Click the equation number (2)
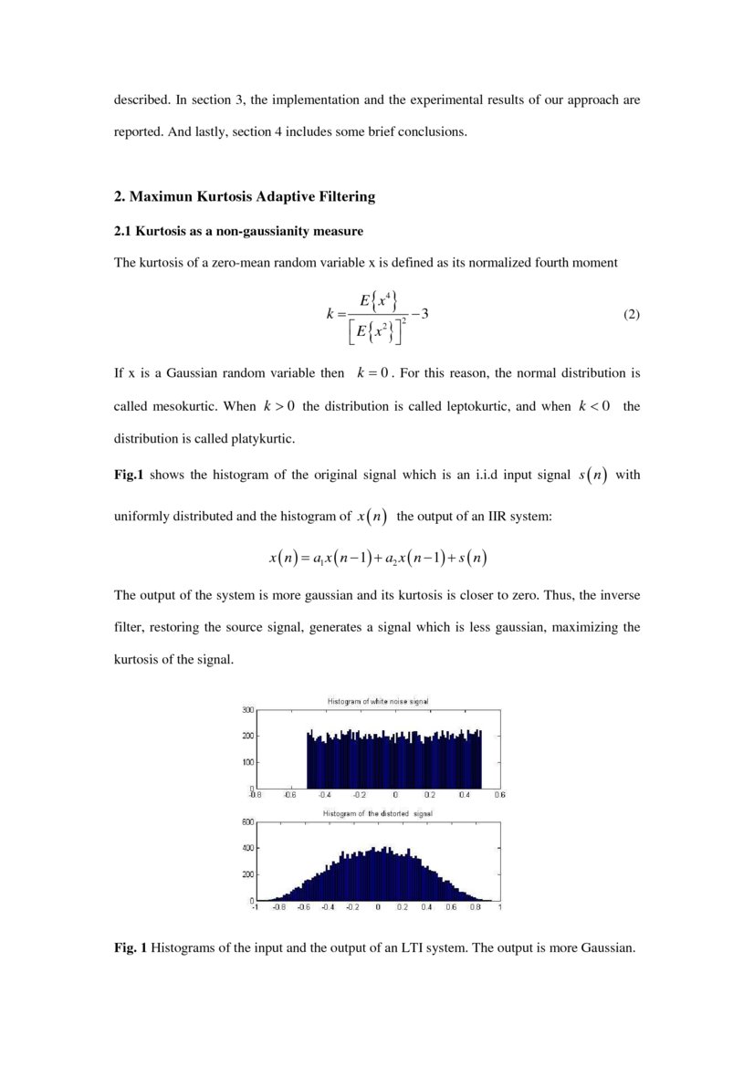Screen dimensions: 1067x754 (631, 315)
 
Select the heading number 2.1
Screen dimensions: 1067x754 (123, 231)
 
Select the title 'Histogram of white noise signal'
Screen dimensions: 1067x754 (378, 701)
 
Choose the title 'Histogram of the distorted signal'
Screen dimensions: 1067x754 (378, 813)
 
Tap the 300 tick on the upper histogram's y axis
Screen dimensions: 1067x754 (247, 709)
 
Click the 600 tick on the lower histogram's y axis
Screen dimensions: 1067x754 (247, 821)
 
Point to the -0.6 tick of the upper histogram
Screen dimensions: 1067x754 (289, 795)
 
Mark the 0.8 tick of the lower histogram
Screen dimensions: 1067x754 (476, 907)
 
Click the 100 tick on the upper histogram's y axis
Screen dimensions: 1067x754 (247, 761)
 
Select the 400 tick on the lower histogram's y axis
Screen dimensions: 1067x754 (247, 848)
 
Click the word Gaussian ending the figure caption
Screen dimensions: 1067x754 (607, 948)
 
